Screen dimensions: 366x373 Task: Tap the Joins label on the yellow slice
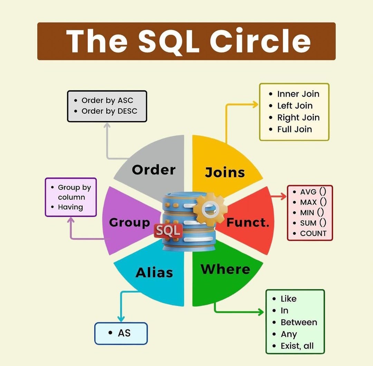[x=225, y=172]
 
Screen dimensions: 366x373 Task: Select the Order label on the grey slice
[x=154, y=170]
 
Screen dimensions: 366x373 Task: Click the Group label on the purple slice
[x=130, y=222]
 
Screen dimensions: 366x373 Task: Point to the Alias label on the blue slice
[x=154, y=273]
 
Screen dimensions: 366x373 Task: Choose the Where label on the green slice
[x=225, y=269]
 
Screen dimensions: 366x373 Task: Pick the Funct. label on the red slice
[x=248, y=222]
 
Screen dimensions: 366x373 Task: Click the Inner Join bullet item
[x=298, y=94]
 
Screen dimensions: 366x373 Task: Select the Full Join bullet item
[x=294, y=129]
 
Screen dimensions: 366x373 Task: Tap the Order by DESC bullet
[x=109, y=111]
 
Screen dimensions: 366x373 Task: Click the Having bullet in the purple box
[x=70, y=207]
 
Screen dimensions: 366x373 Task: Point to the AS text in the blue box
[x=124, y=333]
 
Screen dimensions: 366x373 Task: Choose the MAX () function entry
[x=313, y=202]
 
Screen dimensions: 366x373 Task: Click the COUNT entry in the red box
[x=313, y=233]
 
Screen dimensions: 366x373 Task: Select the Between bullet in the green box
[x=299, y=323]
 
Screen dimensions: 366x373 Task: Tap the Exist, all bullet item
[x=297, y=346]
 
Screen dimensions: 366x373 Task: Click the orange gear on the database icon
[x=210, y=208]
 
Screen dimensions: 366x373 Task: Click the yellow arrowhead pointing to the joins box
[x=255, y=104]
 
